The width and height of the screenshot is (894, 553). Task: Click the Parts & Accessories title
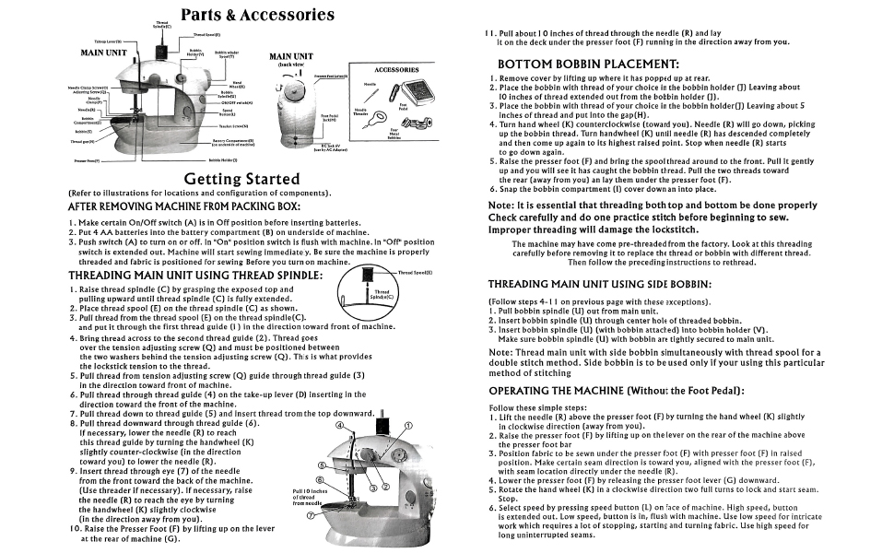(x=257, y=15)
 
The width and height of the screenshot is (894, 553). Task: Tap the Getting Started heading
(x=241, y=178)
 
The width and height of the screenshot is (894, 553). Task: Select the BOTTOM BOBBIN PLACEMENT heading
(x=588, y=64)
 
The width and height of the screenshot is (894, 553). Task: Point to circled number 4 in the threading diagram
(x=339, y=427)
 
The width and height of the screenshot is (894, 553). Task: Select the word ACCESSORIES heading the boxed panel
(x=396, y=69)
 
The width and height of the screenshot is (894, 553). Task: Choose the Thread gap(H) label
(x=82, y=142)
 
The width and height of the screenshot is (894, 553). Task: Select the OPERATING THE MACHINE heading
(x=616, y=390)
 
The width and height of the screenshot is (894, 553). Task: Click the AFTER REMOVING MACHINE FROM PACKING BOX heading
(x=184, y=206)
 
